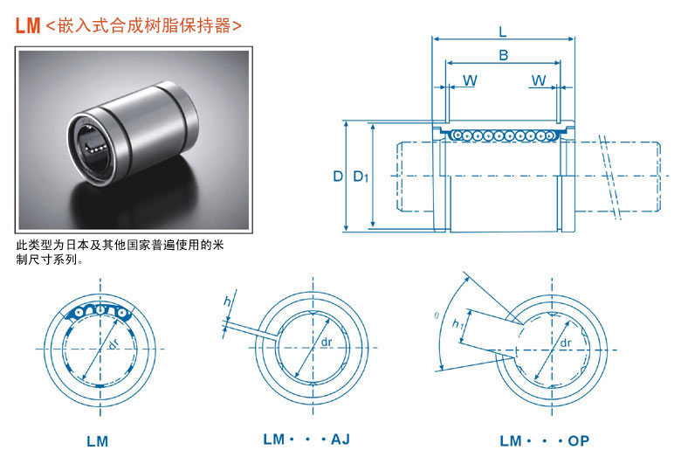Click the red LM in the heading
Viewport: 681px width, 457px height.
click(28, 25)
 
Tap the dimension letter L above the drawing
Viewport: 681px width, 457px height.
click(503, 31)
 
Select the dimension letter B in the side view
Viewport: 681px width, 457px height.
click(504, 55)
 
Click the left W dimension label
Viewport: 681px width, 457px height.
click(470, 80)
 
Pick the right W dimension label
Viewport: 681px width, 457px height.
click(539, 80)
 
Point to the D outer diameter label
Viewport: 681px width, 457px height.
click(338, 177)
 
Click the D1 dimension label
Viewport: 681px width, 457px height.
click(361, 177)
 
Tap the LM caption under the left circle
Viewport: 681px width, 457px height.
click(97, 441)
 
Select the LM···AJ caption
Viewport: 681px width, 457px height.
click(306, 440)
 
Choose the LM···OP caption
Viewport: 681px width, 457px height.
click(544, 441)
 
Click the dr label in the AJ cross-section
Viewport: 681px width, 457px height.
click(327, 343)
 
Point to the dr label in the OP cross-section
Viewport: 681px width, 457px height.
click(566, 343)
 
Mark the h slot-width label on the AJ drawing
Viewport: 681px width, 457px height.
click(227, 301)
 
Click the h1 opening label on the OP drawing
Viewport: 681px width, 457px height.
click(457, 323)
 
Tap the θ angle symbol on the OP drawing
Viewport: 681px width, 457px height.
click(437, 315)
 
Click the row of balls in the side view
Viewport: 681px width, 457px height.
click(503, 135)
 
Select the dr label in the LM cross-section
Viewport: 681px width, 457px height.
click(113, 344)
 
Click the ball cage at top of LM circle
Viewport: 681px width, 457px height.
click(99, 311)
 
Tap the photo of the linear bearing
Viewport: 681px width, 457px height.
click(134, 140)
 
